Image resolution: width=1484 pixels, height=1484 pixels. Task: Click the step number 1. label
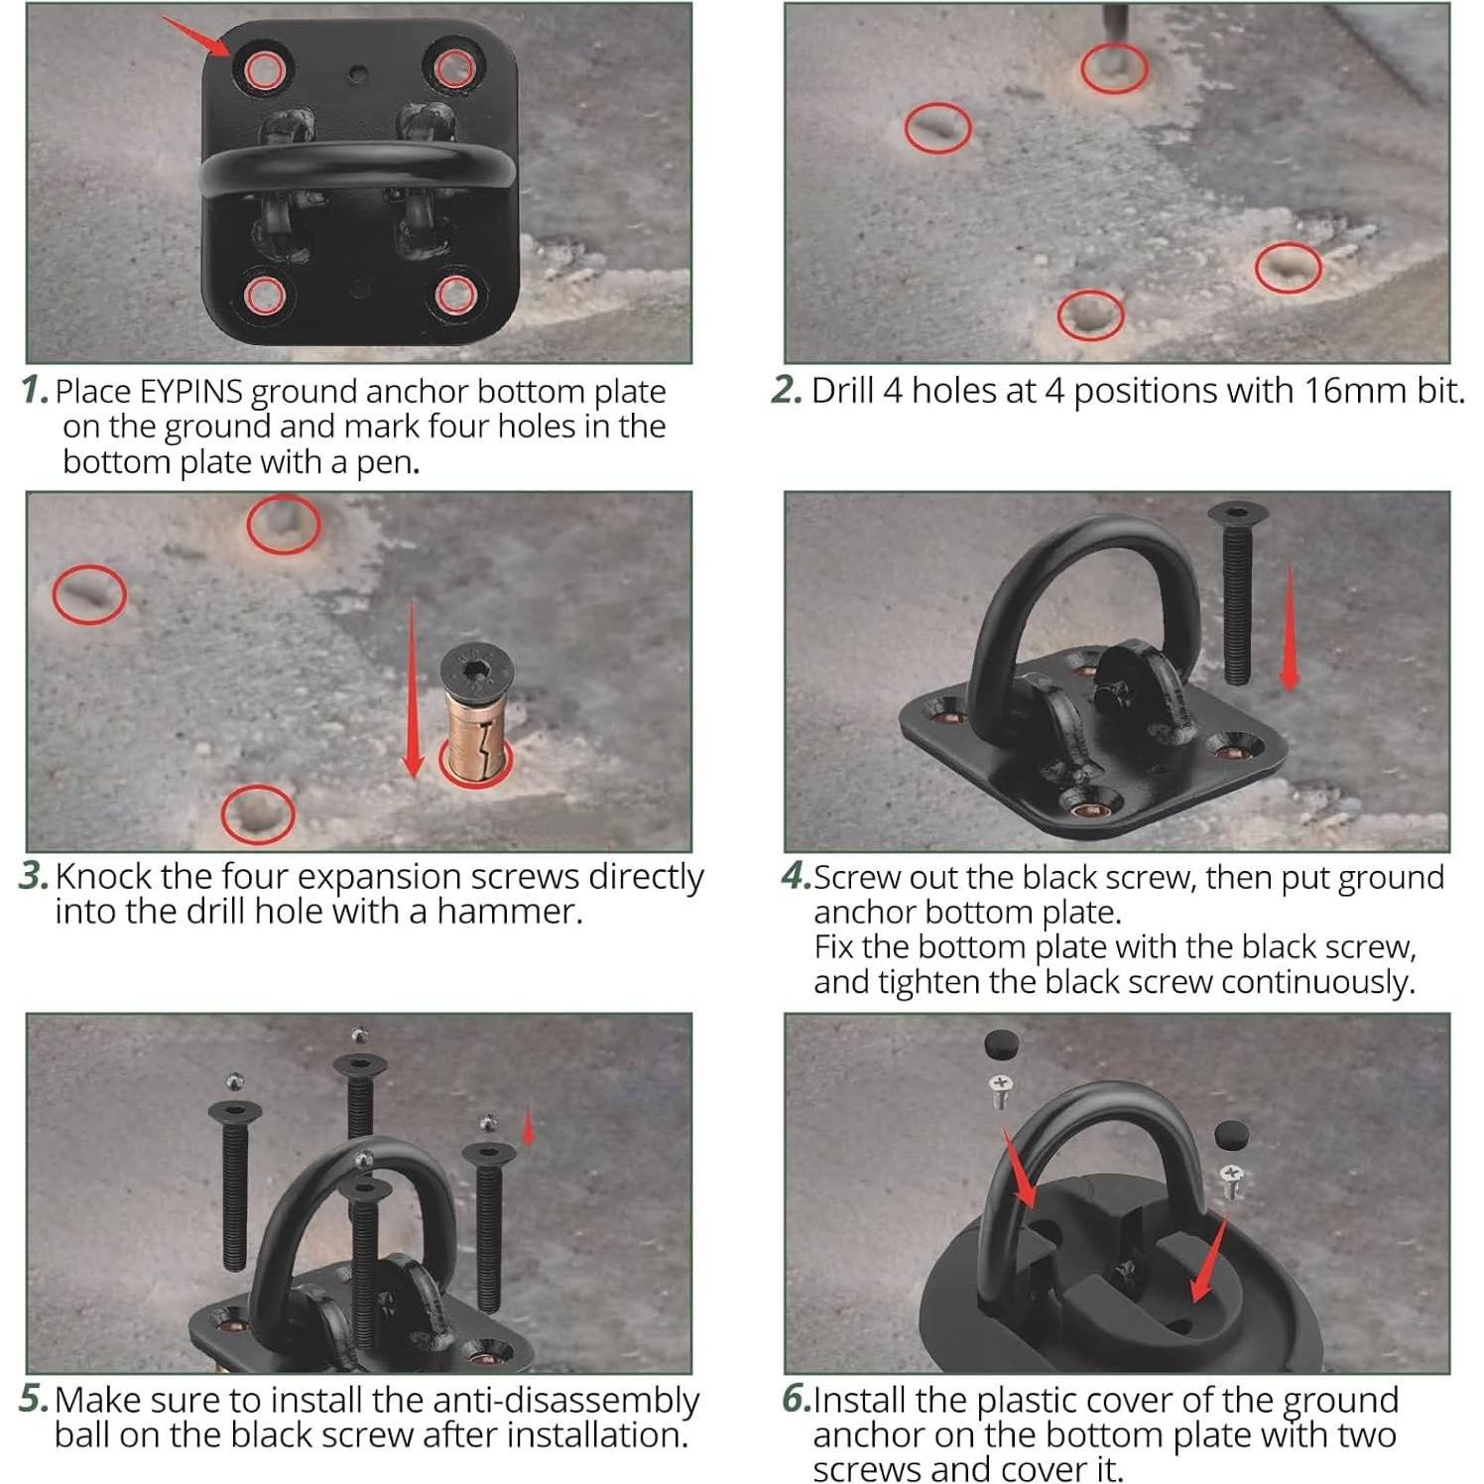(35, 390)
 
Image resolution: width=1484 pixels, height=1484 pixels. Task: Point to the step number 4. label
(796, 876)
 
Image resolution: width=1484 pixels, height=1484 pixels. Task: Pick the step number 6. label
(796, 1399)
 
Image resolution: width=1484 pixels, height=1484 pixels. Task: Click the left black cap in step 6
(1001, 1045)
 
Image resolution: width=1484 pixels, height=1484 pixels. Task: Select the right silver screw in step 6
(1232, 1180)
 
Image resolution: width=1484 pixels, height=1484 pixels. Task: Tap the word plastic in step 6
(1026, 1400)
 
